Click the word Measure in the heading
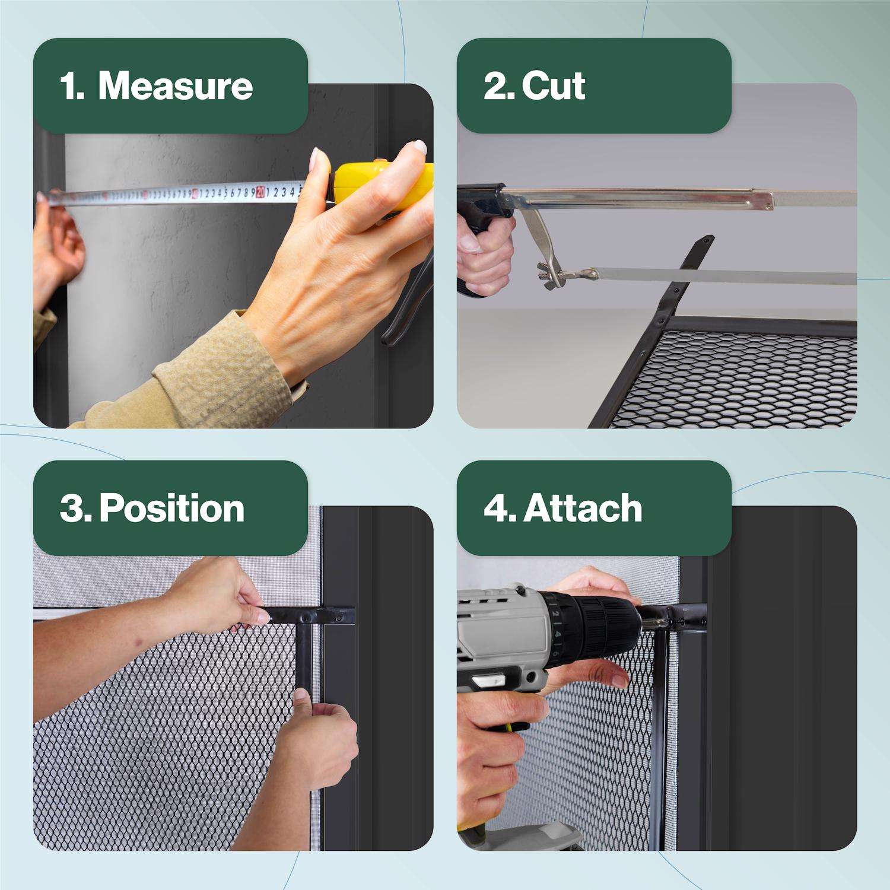[x=176, y=86]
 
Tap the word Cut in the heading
[x=554, y=86]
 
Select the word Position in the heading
[x=172, y=508]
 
